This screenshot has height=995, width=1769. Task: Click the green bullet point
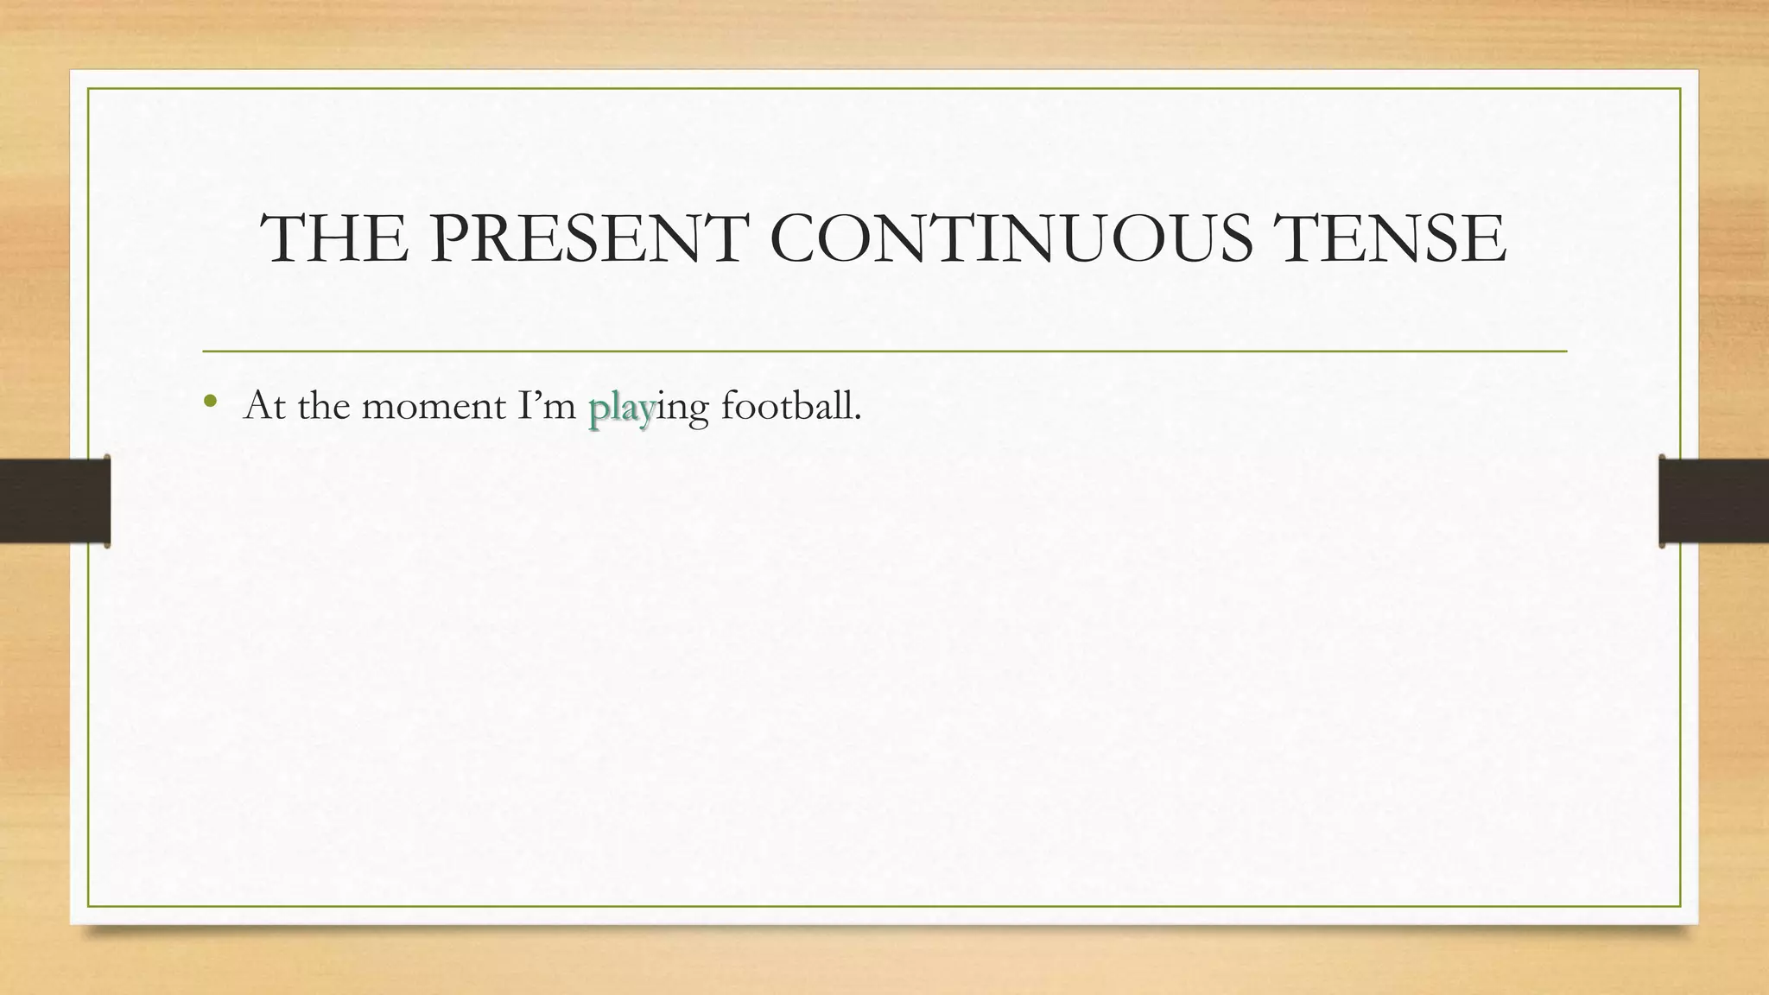(x=210, y=401)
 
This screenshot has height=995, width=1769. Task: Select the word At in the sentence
(x=265, y=406)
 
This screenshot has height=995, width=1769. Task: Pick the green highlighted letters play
(x=621, y=408)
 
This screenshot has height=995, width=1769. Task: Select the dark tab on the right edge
(x=1714, y=501)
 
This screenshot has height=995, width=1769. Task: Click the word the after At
(x=323, y=406)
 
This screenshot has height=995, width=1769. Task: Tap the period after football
(x=858, y=418)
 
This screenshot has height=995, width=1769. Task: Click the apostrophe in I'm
(x=534, y=396)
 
